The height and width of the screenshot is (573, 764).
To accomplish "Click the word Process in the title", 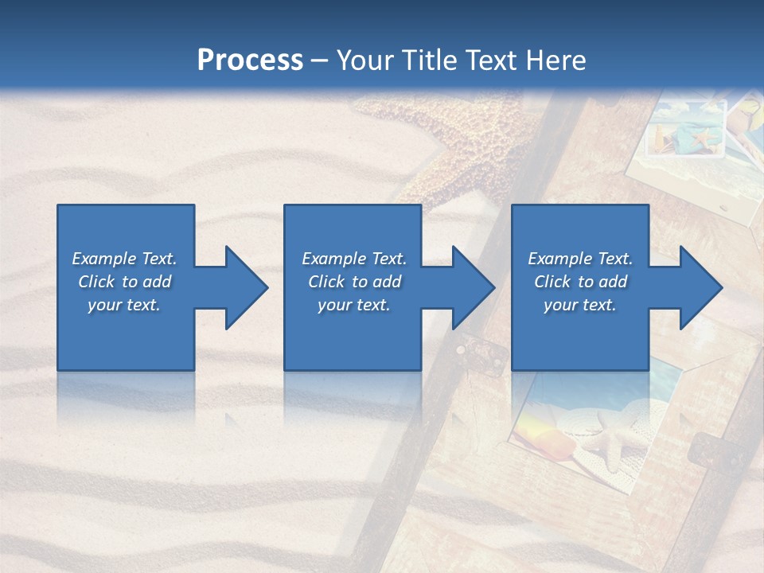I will tap(250, 60).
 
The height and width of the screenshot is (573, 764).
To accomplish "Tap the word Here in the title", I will tap(556, 60).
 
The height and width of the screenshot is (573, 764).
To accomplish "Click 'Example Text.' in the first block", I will tap(124, 259).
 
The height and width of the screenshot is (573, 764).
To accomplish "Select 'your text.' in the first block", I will tap(124, 305).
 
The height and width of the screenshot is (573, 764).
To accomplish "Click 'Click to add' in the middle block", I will tap(354, 282).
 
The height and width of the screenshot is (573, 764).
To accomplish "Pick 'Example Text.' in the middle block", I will tap(354, 259).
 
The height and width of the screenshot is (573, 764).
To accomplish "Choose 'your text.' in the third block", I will tap(580, 305).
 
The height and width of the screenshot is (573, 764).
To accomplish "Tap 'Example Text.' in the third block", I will tap(580, 259).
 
